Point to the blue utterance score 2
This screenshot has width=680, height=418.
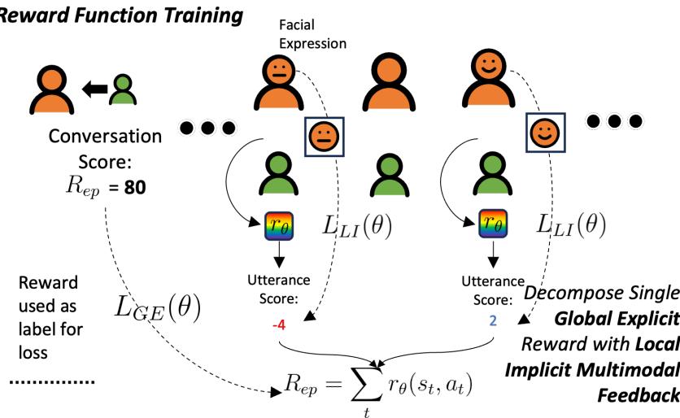tap(491, 320)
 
